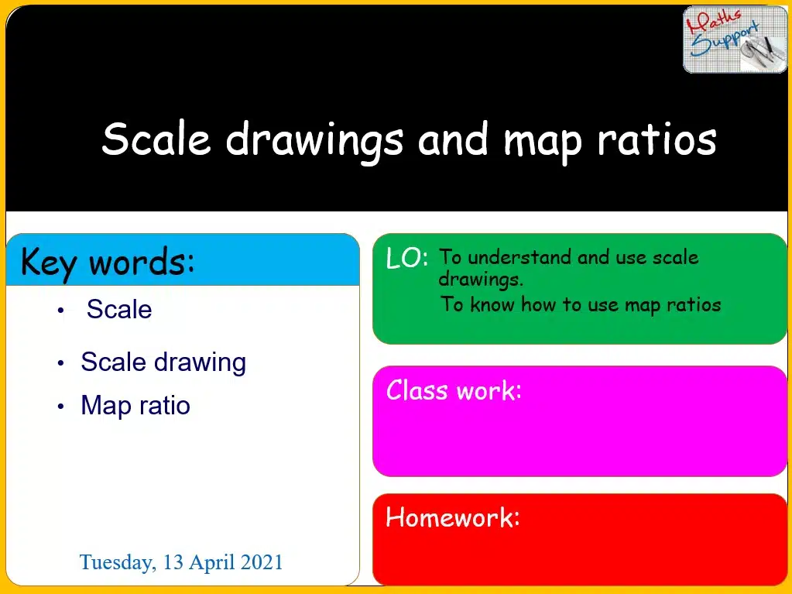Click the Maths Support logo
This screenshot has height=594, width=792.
pos(735,39)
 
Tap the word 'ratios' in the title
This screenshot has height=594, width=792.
pos(657,139)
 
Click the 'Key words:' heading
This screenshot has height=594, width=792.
pos(108,263)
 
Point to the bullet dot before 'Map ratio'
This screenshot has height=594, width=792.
pos(60,406)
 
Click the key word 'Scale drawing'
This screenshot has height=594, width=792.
pos(163,362)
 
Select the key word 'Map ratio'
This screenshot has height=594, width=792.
pos(135,405)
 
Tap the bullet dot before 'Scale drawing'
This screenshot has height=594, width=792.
pos(60,362)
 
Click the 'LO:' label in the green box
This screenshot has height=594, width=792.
pos(407,258)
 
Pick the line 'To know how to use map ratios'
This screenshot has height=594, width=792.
pos(581,304)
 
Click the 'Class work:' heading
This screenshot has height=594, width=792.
pos(454,390)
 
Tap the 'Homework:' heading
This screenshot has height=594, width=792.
pos(453,517)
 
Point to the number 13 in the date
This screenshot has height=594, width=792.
pos(173,562)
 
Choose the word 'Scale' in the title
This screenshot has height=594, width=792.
pos(156,139)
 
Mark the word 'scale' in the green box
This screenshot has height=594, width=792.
pos(675,258)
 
